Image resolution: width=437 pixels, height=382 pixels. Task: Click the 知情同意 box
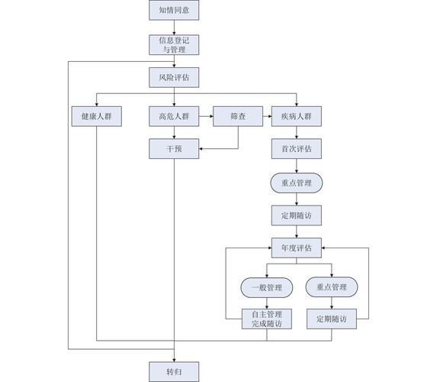point(174,11)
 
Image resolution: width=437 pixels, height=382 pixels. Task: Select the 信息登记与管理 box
point(174,44)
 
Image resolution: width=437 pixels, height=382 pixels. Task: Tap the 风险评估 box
point(174,78)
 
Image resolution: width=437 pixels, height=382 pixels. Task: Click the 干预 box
point(174,149)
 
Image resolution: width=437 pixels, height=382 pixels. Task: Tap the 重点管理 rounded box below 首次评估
point(297,183)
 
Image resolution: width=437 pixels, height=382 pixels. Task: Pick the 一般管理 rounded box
point(266,287)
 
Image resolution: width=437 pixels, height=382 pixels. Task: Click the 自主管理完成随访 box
point(266,319)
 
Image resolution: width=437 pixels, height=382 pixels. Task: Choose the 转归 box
point(174,372)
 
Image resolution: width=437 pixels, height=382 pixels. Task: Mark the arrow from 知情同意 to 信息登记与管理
point(174,28)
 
